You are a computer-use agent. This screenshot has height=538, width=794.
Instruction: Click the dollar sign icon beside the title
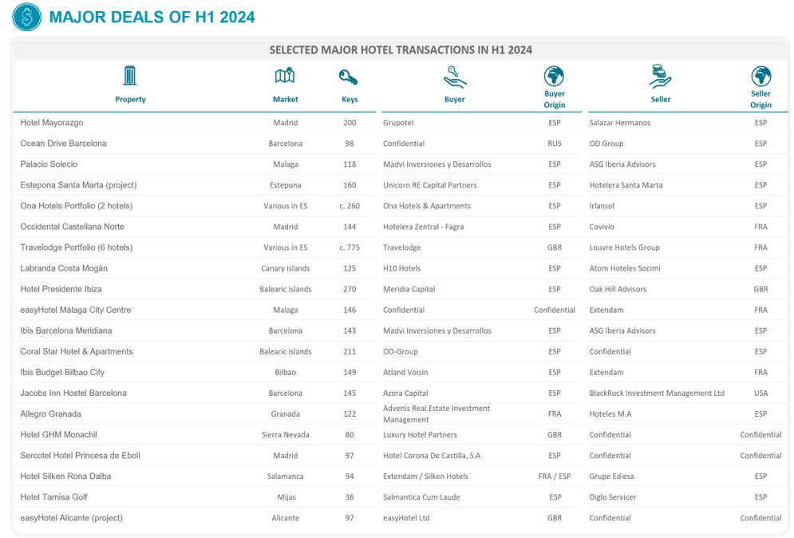click(x=26, y=18)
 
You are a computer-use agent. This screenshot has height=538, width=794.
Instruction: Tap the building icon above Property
click(x=130, y=76)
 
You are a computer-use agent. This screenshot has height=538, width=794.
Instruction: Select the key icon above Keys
click(x=349, y=77)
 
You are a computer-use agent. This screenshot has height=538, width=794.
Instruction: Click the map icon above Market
click(x=285, y=77)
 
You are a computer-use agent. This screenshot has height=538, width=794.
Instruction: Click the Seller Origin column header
click(x=760, y=99)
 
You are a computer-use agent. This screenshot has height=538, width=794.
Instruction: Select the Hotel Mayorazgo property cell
click(x=52, y=123)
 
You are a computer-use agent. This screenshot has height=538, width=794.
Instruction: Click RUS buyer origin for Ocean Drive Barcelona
click(x=555, y=144)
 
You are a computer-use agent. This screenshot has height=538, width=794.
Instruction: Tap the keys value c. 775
click(x=349, y=247)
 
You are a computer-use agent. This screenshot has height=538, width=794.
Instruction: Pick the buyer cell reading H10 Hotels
click(x=401, y=268)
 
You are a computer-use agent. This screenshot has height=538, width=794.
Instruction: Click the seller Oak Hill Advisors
click(x=618, y=289)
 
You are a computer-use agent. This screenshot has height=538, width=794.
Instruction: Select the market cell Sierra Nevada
click(x=285, y=435)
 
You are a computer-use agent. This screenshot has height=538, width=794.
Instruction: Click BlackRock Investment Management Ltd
click(x=657, y=394)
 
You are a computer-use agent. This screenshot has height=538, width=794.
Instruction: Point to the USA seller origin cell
click(x=760, y=394)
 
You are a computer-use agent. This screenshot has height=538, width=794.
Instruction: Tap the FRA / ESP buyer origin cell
click(x=555, y=477)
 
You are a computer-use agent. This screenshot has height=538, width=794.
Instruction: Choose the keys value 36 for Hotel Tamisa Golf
click(x=349, y=497)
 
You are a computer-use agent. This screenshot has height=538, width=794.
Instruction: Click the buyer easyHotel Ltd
click(x=406, y=518)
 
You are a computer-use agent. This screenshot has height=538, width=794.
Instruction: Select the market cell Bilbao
click(x=285, y=373)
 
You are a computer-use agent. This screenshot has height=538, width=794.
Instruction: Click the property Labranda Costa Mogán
click(x=64, y=268)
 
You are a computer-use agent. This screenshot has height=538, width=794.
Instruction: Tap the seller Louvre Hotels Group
click(x=624, y=247)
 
